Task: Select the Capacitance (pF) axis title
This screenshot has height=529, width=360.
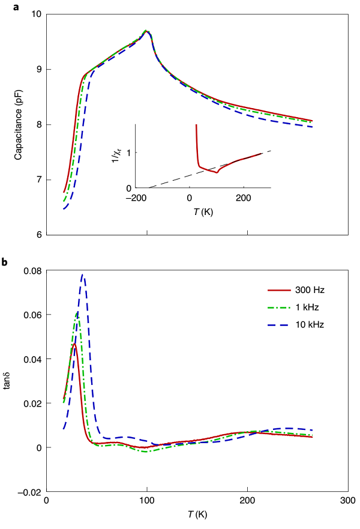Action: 19,124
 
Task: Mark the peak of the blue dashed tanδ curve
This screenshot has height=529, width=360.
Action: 83,275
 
